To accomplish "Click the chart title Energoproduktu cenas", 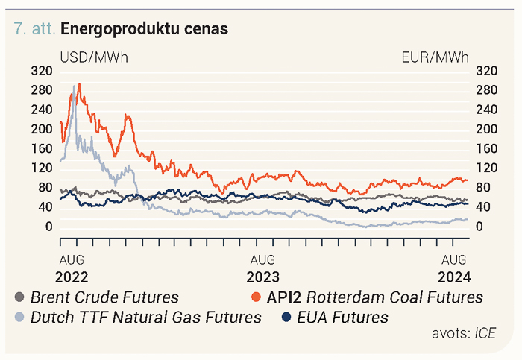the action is coord(144,28).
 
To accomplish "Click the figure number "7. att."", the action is coord(34,28).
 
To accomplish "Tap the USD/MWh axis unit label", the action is coord(94,57).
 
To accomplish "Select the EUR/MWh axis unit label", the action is coord(435,57).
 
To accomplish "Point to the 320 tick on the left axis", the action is coord(42,71).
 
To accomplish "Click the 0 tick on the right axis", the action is coord(479,227).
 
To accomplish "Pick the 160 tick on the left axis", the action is coord(42,149).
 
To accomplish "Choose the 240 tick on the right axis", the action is coord(486,110).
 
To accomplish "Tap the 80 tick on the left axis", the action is coord(45,188).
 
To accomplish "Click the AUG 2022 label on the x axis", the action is coord(72,268).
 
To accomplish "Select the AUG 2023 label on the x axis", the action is coord(262,268).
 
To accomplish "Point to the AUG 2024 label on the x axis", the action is coord(454,268).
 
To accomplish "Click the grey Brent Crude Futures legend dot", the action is coord(19,297).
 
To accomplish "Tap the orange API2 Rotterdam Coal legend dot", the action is coord(256,297).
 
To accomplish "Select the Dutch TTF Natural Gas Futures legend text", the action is coord(146,317).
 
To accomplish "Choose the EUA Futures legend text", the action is coord(342,317).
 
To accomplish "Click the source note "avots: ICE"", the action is coord(464,333).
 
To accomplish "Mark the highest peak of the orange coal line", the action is coord(79,84).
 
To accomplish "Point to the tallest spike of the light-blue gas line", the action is coord(74,86).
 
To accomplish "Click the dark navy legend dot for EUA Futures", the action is coord(286,317).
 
